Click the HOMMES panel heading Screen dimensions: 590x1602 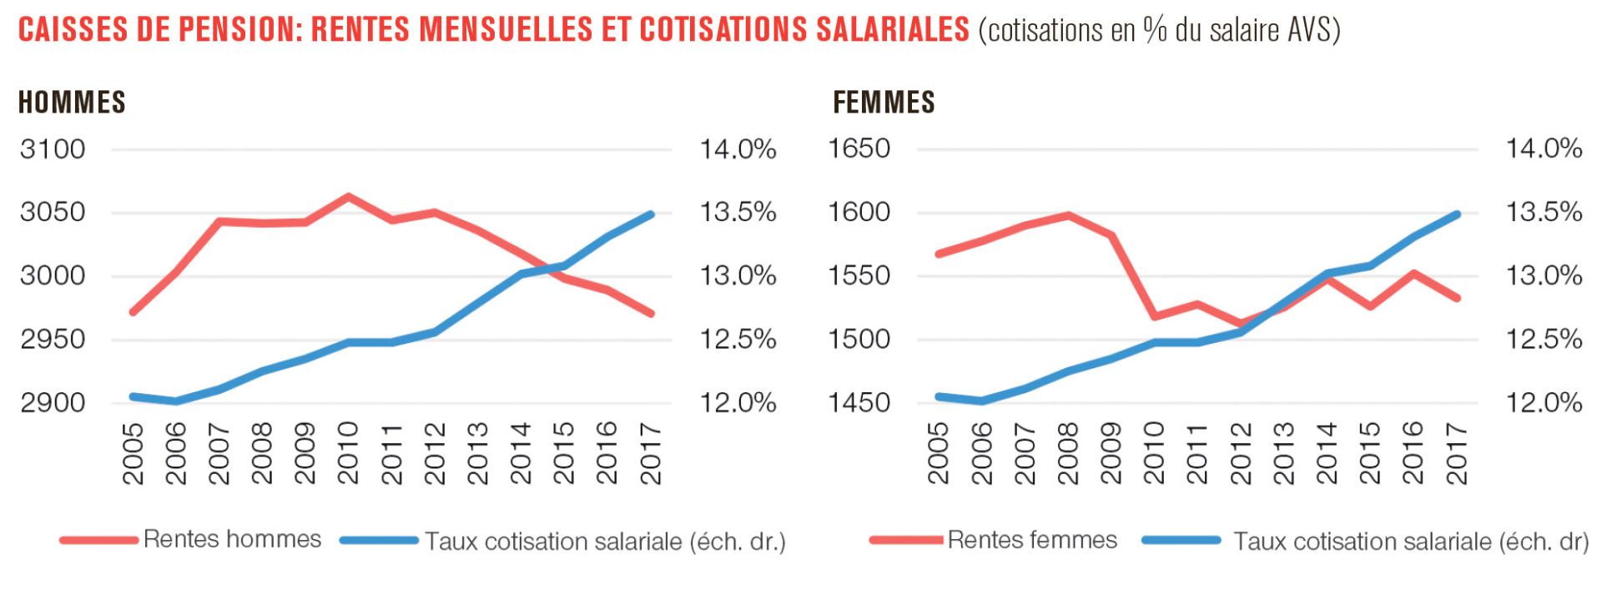pyautogui.click(x=72, y=103)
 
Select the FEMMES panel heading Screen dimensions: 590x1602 pyautogui.click(x=884, y=103)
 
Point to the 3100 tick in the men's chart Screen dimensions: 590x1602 pyautogui.click(x=53, y=149)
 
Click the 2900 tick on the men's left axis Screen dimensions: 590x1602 pyautogui.click(x=53, y=403)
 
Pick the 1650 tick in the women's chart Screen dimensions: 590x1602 pyautogui.click(x=859, y=149)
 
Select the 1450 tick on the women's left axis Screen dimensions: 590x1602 pyautogui.click(x=859, y=403)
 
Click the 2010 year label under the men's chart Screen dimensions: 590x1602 pyautogui.click(x=348, y=453)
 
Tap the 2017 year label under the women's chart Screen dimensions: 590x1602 pyautogui.click(x=1456, y=453)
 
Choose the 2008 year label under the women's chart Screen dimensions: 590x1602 pyautogui.click(x=1068, y=453)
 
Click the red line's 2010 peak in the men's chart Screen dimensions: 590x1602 pyautogui.click(x=348, y=197)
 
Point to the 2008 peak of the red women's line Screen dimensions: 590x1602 pyautogui.click(x=1068, y=215)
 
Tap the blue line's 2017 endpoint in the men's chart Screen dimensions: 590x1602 pyautogui.click(x=651, y=214)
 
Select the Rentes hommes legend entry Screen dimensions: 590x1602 pyautogui.click(x=232, y=539)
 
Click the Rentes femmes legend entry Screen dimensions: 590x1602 pyautogui.click(x=1032, y=540)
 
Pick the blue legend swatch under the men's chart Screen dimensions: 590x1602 pyautogui.click(x=379, y=541)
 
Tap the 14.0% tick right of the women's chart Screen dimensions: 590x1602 pyautogui.click(x=1544, y=149)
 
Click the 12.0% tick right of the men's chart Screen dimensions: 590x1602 pyautogui.click(x=738, y=403)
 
